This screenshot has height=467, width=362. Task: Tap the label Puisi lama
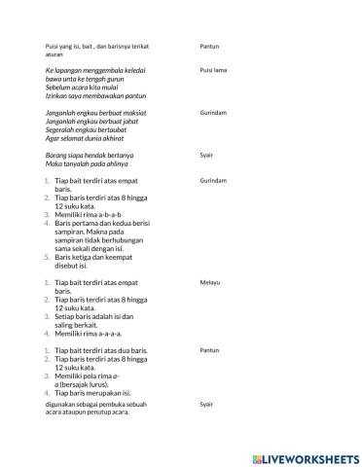click(213, 71)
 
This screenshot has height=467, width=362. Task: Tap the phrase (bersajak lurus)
click(90, 383)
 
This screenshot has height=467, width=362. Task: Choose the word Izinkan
click(58, 96)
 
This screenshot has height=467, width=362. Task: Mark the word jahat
click(131, 122)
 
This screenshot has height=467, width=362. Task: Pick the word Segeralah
click(63, 129)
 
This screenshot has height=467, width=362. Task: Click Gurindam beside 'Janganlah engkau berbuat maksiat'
click(213, 113)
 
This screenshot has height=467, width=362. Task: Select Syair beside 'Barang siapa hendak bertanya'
click(206, 155)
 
